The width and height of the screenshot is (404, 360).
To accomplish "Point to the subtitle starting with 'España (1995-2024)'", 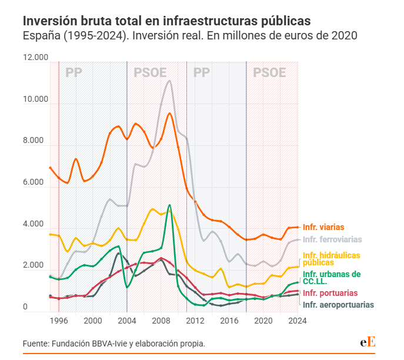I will [x=190, y=36].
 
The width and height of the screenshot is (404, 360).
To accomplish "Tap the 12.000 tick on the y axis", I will [x=35, y=58].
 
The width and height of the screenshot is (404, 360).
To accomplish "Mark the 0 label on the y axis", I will [x=25, y=308].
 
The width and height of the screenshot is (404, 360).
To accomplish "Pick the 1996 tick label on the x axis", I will [x=59, y=321].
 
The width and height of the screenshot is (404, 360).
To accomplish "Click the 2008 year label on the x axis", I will [x=162, y=321].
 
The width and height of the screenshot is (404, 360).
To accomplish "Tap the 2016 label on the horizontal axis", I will [x=229, y=321].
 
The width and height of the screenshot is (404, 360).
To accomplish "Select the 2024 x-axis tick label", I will [x=298, y=321].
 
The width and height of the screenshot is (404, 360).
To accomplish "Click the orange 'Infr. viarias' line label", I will [x=323, y=227].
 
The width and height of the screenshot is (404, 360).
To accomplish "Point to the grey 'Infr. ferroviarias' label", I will [x=332, y=239].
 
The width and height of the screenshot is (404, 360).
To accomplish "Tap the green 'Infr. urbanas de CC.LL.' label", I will [x=332, y=278].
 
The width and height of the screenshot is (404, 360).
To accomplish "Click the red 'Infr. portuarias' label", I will [x=329, y=293].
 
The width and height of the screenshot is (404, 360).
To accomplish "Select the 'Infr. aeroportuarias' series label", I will [x=338, y=305].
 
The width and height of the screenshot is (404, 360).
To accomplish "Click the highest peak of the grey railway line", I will [x=169, y=81].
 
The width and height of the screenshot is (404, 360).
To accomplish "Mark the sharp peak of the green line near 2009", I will [x=169, y=205].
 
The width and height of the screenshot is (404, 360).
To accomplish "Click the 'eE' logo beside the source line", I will [x=368, y=343].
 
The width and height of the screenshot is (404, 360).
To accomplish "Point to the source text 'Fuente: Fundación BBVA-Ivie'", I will [x=114, y=344].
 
